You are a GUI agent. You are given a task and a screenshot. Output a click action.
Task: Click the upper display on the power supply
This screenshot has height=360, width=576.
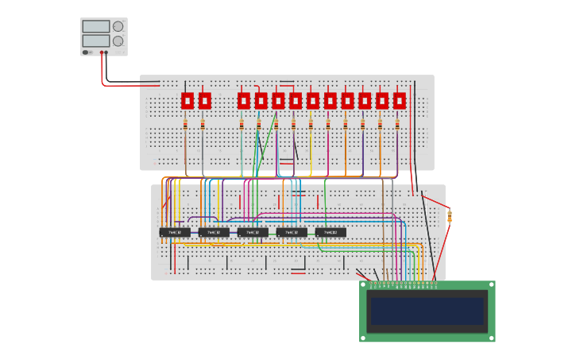click(95, 26)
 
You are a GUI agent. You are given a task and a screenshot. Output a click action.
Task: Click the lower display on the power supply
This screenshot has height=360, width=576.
click(95, 41)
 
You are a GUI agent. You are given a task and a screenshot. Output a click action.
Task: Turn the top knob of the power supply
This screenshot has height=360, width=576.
click(118, 26)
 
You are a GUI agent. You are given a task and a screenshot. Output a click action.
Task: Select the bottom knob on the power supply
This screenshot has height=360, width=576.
click(118, 41)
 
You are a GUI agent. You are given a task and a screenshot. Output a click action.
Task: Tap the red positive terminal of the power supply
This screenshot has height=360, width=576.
click(101, 52)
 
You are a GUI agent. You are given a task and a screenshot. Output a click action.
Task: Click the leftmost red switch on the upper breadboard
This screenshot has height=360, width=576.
click(187, 101)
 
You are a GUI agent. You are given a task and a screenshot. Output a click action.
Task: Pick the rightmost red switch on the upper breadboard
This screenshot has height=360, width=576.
click(399, 101)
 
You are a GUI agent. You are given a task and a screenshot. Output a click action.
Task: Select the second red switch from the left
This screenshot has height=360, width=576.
click(204, 101)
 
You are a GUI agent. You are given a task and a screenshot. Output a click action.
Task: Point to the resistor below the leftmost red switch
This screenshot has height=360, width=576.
click(186, 125)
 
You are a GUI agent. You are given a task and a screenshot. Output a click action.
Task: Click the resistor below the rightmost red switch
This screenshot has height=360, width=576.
click(397, 125)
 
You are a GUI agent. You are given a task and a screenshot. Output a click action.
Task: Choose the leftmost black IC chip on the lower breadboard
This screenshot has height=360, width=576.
click(175, 233)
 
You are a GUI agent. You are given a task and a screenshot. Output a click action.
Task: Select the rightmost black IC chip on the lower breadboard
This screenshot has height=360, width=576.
click(331, 233)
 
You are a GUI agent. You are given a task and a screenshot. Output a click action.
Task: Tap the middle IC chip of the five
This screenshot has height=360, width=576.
click(253, 233)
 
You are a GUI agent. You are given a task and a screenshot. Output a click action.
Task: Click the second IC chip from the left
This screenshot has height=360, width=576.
click(214, 233)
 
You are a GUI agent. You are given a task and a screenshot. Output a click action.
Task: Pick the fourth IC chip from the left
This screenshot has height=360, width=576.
click(292, 233)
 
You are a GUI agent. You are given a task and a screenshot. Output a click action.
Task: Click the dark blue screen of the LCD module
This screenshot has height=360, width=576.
click(427, 312)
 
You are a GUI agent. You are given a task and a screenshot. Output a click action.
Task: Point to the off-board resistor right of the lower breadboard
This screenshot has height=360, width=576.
click(450, 215)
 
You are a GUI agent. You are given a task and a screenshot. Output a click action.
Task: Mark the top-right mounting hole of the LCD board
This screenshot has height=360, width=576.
click(491, 285)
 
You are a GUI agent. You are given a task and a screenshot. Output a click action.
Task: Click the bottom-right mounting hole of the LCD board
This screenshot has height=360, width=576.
click(491, 338)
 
